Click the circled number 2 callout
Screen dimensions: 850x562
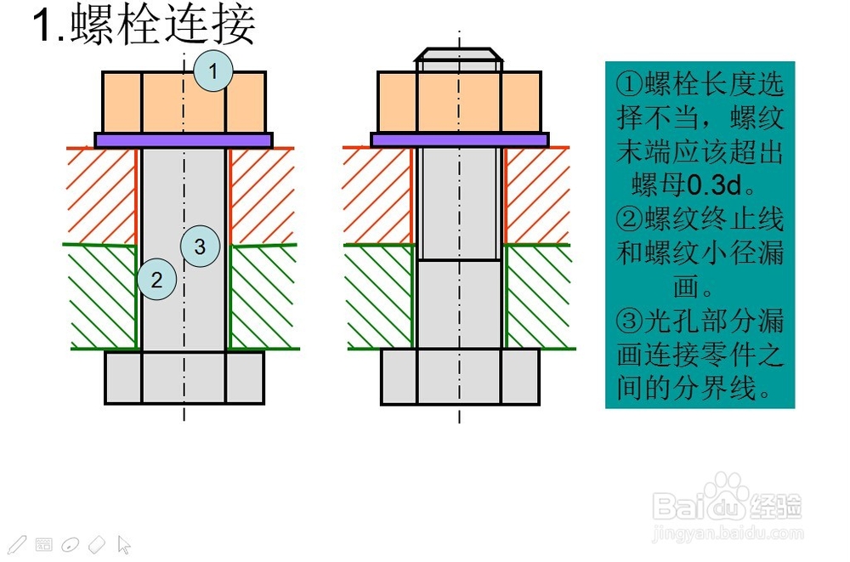[156, 278]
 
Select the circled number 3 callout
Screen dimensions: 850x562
[200, 247]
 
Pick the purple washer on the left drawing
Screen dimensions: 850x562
[184, 140]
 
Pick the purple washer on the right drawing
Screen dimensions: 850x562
[459, 140]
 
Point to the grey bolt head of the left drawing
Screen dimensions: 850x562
[184, 378]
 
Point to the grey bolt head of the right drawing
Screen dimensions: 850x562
[459, 378]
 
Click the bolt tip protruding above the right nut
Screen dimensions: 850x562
[458, 59]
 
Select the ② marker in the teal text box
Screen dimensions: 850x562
[630, 219]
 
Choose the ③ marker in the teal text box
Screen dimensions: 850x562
[630, 321]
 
